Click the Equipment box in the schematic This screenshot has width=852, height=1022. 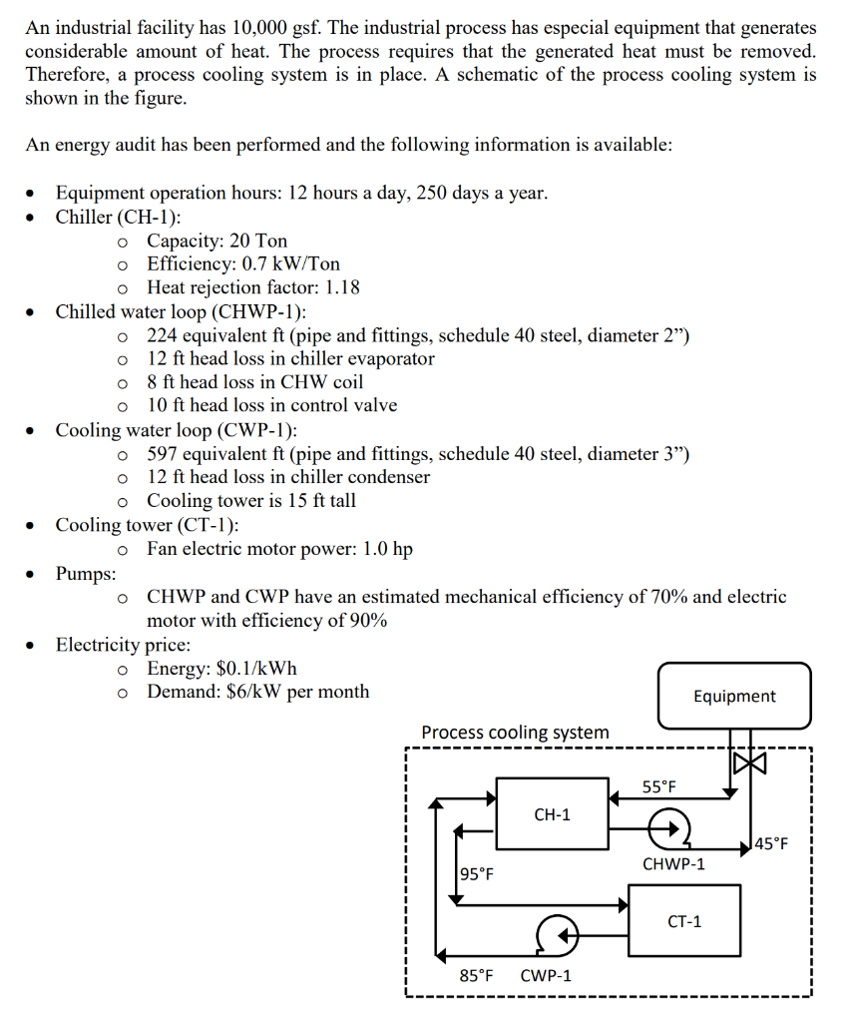(734, 696)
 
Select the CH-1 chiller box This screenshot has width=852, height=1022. (553, 814)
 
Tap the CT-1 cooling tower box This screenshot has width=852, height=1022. (683, 921)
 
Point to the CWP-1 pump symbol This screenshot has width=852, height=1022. (555, 934)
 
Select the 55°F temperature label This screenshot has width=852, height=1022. (658, 786)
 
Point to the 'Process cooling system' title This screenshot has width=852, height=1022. (515, 733)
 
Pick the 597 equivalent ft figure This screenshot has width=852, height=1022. (164, 454)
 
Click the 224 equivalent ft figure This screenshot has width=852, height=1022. (164, 335)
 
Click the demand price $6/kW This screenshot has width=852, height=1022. (256, 691)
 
